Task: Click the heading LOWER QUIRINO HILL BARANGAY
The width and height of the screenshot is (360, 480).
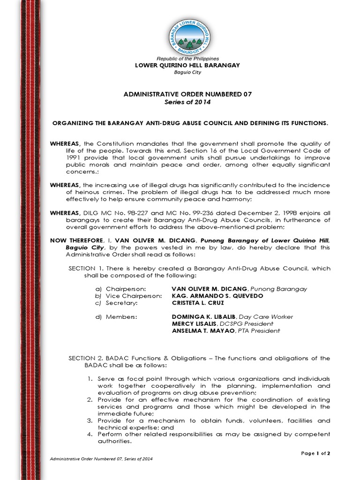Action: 187,65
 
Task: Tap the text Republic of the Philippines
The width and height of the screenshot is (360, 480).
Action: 187,58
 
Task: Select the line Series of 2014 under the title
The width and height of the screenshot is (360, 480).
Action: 187,102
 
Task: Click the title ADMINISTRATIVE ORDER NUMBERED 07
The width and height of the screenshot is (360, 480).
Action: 187,94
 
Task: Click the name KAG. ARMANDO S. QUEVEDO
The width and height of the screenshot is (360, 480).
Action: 211,296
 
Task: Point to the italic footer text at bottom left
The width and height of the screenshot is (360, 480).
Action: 101,458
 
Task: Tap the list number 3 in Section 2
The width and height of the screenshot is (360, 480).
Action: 90,420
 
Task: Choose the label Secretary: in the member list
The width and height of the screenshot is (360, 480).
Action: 117,303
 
